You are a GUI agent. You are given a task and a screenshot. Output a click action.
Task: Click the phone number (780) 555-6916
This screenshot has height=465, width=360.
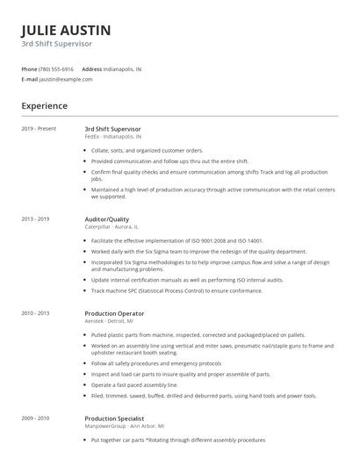(x=57, y=68)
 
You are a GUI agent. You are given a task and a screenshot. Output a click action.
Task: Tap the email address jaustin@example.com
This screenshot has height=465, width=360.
(x=66, y=79)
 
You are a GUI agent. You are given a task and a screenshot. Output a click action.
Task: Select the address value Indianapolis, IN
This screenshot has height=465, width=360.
(x=123, y=68)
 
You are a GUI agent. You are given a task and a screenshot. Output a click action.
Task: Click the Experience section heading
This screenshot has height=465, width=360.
(x=44, y=106)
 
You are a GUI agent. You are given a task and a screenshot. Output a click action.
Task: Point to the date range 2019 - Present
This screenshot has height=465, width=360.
(x=39, y=129)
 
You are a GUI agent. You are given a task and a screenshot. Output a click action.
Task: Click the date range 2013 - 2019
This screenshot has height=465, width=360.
(x=35, y=218)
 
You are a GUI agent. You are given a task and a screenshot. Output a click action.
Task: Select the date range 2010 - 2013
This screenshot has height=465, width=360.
(x=35, y=313)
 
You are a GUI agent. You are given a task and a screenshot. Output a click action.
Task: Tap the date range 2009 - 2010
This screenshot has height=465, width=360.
(x=35, y=418)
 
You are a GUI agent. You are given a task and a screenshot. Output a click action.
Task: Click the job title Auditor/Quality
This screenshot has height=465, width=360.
(x=106, y=218)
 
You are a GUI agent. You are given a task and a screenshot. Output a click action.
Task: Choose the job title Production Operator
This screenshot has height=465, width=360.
(x=114, y=313)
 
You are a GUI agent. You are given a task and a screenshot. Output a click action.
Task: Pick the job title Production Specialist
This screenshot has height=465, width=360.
(x=114, y=418)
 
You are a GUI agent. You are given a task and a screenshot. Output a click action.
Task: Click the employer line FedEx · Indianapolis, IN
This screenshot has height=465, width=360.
(x=112, y=137)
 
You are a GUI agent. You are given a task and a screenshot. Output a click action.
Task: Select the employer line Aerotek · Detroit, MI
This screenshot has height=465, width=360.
(x=109, y=321)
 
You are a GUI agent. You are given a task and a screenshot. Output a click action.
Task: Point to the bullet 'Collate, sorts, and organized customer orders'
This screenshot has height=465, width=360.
(x=147, y=150)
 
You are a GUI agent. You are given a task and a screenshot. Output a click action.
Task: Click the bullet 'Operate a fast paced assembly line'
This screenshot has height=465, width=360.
(x=134, y=384)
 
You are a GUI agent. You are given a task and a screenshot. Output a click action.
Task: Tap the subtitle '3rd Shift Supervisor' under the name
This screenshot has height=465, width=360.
(x=57, y=43)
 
